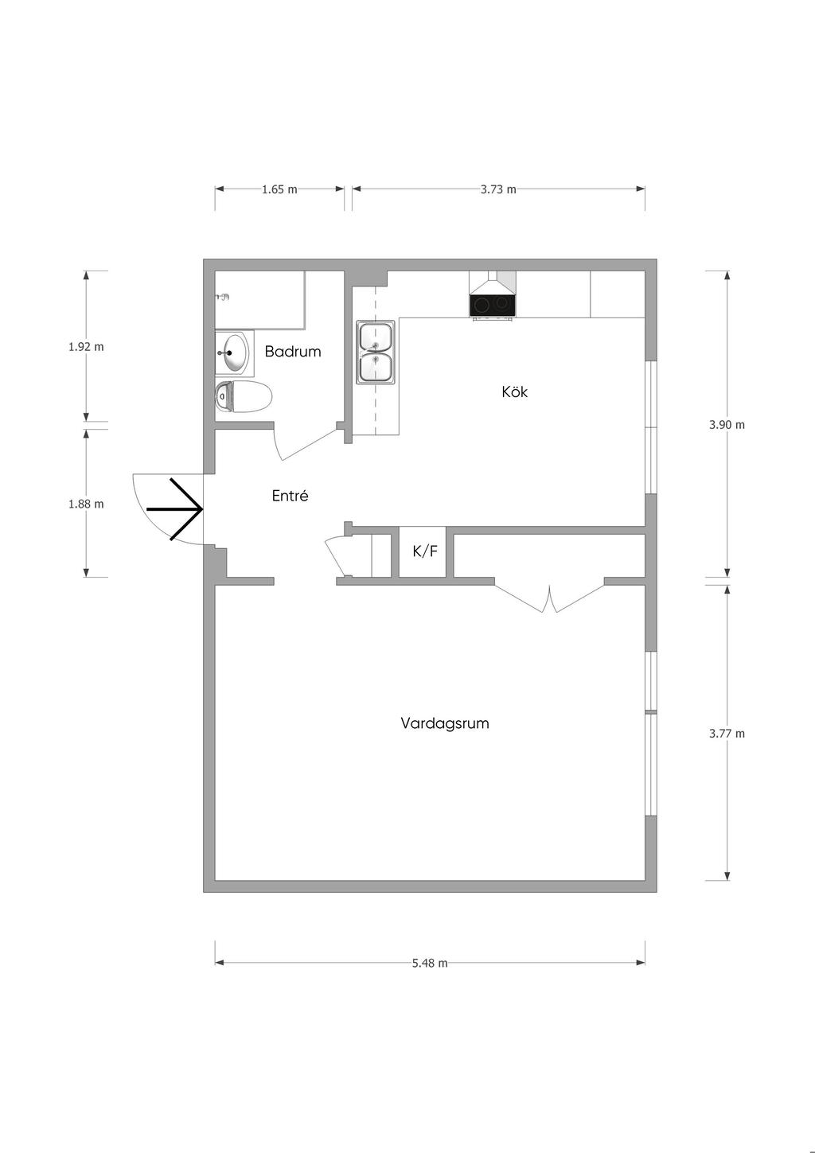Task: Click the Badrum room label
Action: tap(292, 352)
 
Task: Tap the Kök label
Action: tap(514, 391)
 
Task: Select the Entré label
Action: tap(290, 496)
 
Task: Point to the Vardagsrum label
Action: tap(445, 723)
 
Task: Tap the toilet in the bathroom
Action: tap(243, 396)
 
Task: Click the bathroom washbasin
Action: tap(234, 353)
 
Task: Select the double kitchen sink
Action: tap(376, 352)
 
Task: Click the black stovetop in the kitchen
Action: tap(492, 306)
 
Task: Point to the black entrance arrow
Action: tap(174, 509)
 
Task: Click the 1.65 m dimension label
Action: tap(279, 189)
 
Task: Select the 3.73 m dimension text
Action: tap(498, 189)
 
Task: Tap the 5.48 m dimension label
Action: tap(430, 963)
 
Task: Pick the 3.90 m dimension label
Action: tap(727, 425)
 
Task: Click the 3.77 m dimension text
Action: tap(727, 734)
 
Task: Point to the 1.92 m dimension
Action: tap(86, 347)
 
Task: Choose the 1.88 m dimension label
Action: tap(86, 504)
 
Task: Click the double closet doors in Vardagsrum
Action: tap(549, 598)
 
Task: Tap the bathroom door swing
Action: tap(306, 443)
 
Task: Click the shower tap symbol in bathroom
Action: tap(222, 297)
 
